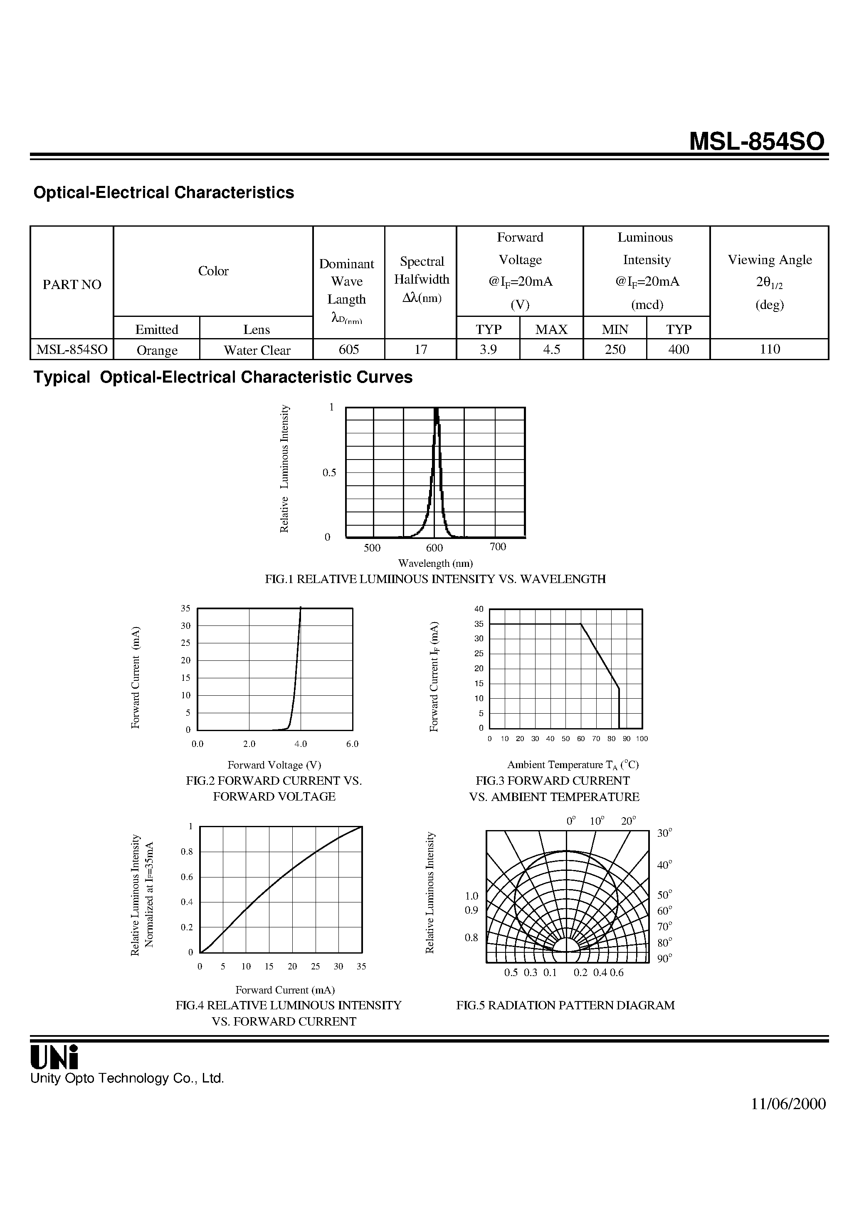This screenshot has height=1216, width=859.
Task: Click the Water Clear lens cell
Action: point(257,350)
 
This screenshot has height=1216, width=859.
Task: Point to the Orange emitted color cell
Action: point(157,350)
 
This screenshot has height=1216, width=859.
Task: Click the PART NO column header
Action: point(72,284)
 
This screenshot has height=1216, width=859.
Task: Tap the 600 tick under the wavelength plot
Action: point(434,548)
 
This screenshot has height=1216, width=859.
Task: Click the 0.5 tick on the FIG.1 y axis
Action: point(329,472)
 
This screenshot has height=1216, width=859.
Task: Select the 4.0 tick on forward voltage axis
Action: point(300,744)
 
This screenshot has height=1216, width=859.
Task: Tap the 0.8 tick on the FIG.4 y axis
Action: point(187,852)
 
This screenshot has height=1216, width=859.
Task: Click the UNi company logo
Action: point(54,1057)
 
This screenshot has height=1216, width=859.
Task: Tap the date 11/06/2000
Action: point(788,1104)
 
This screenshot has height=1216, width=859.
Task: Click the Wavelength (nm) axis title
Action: point(435,563)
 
